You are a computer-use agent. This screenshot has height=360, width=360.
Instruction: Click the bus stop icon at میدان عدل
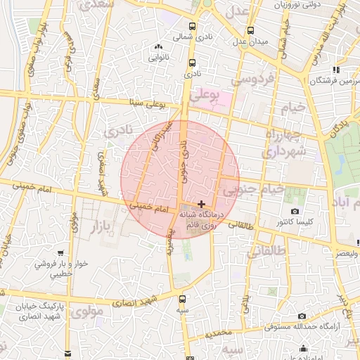pyautogui.click(x=250, y=30)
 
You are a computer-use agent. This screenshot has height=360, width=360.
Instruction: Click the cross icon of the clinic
pyautogui.click(x=202, y=203)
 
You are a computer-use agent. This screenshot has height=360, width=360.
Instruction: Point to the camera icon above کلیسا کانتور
pyautogui.click(x=295, y=211)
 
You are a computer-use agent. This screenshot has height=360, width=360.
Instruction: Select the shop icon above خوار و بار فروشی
pyautogui.click(x=62, y=252)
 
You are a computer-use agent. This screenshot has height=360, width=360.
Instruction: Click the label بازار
pyautogui.click(x=83, y=226)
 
